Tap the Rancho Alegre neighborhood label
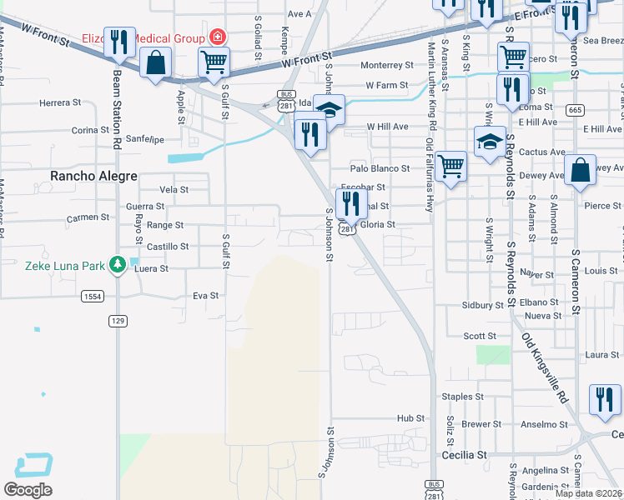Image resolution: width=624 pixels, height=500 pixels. pyautogui.click(x=92, y=176)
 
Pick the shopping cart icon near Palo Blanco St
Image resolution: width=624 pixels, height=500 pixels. pyautogui.click(x=451, y=165)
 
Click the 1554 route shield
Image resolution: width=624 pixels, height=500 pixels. pyautogui.click(x=93, y=297)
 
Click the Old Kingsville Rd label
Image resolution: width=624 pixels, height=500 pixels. pyautogui.click(x=545, y=367)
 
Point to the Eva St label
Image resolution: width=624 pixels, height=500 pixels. pyautogui.click(x=205, y=295)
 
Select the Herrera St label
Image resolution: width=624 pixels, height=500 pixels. pyautogui.click(x=58, y=103)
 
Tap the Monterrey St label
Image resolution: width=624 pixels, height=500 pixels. pyautogui.click(x=386, y=65)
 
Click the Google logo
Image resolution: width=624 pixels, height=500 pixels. pyautogui.click(x=28, y=490)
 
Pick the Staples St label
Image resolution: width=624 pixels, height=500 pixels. pyautogui.click(x=463, y=397)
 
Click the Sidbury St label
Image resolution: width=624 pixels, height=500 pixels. pyautogui.click(x=479, y=306)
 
